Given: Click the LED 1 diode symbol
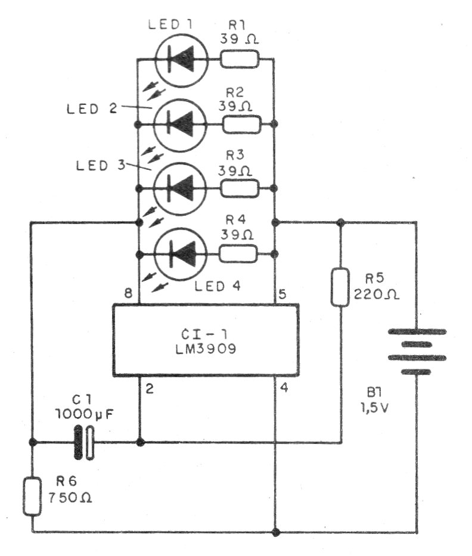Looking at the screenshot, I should pos(180,59).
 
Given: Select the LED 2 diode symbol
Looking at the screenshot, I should pos(180,124).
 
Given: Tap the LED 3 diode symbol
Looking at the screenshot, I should pos(180,189).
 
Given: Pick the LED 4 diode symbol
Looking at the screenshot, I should pos(180,254).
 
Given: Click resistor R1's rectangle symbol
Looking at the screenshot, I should pos(240,59).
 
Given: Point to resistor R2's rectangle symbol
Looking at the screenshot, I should pos(241,124).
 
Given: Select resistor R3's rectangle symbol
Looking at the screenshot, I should pos(240,189).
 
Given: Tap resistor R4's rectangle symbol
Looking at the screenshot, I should pos(239,254).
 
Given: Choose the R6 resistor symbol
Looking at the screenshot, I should pos(32,496).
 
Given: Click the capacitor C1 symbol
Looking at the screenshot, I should pos(83,443).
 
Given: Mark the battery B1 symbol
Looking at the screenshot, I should pos(417,352).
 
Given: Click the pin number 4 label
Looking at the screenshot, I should pos(284,389).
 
